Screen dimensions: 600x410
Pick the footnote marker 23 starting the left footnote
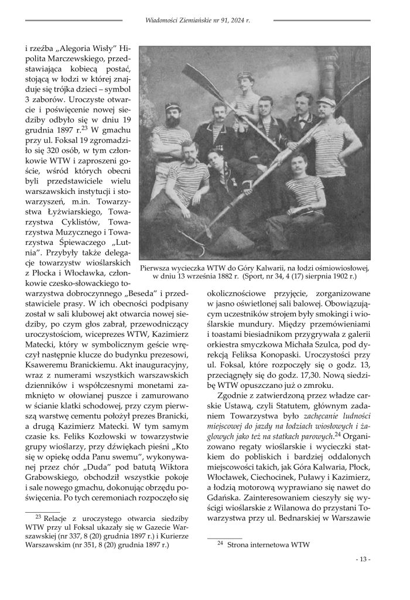(39, 517)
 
